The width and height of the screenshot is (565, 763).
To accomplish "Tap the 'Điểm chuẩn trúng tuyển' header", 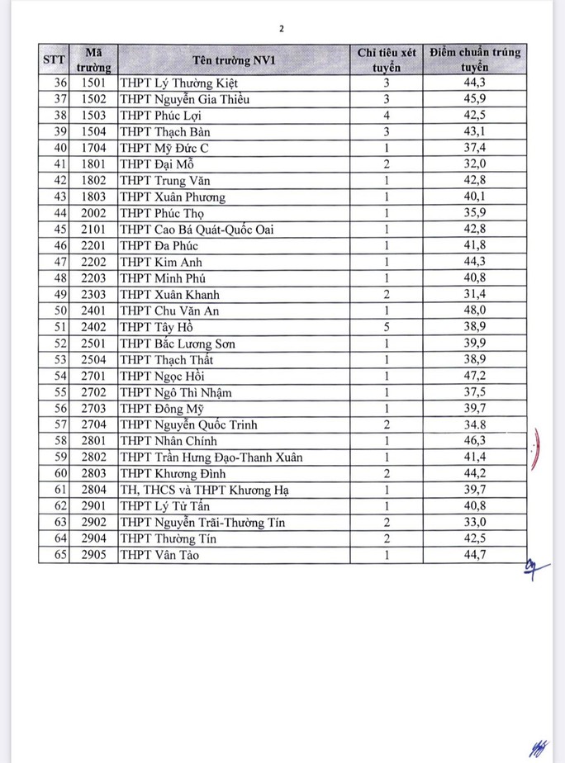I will coord(475,59).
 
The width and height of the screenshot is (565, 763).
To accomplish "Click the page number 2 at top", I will coord(282,28).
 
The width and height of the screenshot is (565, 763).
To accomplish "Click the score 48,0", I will coord(475,310).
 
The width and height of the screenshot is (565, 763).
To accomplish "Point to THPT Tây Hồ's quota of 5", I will coord(386,327).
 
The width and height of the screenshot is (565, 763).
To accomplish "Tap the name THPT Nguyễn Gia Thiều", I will coord(186,100).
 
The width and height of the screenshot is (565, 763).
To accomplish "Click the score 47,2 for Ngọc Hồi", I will coord(475,376).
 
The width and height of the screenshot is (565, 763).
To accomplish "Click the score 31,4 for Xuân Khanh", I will coord(475,295).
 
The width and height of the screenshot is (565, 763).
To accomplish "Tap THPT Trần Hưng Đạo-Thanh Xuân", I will coord(211,457).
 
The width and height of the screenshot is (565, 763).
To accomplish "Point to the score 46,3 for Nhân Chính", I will coord(475,441).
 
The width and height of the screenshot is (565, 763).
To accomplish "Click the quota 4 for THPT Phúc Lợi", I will coord(386,116).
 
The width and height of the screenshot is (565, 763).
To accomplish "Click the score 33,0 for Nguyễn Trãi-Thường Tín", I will coord(475,522).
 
